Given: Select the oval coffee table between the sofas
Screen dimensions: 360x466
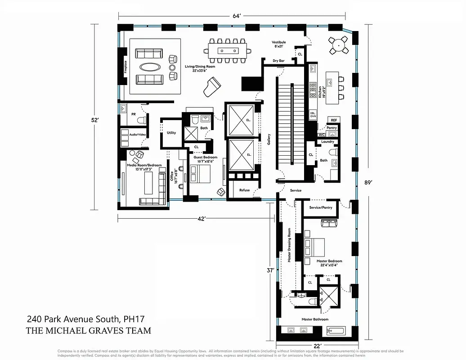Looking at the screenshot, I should pyautogui.click(x=149, y=67).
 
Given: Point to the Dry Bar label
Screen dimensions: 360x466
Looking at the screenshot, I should pyautogui.click(x=279, y=60).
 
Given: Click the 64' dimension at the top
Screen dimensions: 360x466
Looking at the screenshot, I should pyautogui.click(x=237, y=16).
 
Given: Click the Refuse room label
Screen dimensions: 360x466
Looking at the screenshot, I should pyautogui.click(x=244, y=190).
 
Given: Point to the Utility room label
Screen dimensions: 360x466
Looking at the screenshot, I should pyautogui.click(x=171, y=133).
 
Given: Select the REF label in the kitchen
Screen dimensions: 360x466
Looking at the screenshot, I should pyautogui.click(x=333, y=120).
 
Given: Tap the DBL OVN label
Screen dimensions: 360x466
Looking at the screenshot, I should pyautogui.click(x=313, y=114).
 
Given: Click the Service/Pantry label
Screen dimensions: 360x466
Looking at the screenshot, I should pyautogui.click(x=321, y=207).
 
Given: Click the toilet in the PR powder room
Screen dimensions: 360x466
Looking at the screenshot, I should pyautogui.click(x=141, y=120).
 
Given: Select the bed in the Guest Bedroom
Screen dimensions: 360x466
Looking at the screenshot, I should pyautogui.click(x=200, y=173).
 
